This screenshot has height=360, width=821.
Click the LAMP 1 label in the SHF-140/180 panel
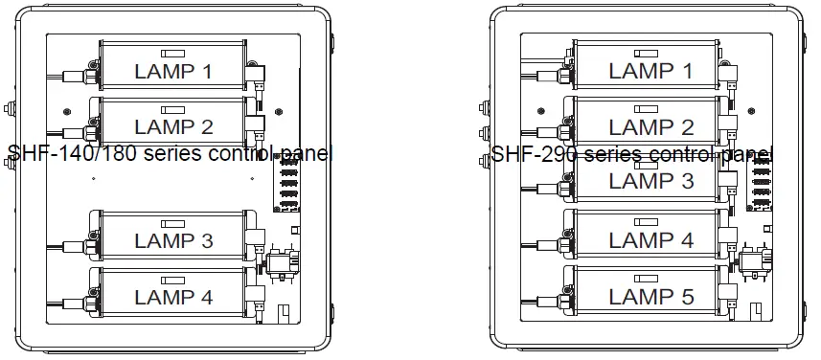(173, 71)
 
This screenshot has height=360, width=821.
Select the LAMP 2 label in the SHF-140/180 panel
(173, 126)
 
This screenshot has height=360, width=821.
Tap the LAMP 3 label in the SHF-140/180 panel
(173, 241)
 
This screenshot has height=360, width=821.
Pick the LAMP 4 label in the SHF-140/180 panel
(173, 297)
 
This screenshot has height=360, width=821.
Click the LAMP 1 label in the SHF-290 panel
(649, 71)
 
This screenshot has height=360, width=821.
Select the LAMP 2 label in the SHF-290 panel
(649, 126)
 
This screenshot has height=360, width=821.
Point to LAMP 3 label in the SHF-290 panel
(649, 181)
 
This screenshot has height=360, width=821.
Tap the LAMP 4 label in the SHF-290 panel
(649, 241)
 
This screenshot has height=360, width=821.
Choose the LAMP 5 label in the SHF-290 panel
(649, 297)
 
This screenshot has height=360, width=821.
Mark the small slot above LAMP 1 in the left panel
(173, 53)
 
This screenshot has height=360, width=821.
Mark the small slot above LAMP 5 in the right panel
(649, 278)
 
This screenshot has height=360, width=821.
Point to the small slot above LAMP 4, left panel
(173, 278)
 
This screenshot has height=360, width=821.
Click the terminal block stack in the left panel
(286, 182)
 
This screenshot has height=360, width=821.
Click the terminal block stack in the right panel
(762, 182)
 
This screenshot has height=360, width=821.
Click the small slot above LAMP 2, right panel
(649, 108)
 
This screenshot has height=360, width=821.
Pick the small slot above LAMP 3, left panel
(173, 222)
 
